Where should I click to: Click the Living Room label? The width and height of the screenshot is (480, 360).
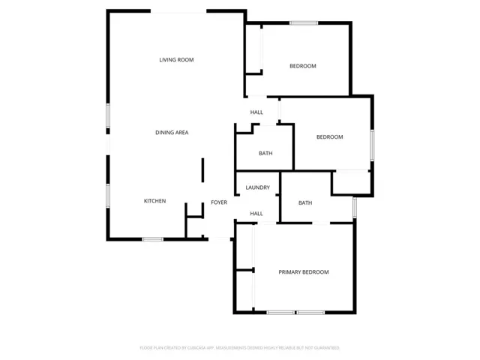(176, 59)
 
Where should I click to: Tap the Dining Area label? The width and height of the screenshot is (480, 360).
(172, 133)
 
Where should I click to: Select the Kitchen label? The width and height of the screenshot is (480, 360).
(154, 201)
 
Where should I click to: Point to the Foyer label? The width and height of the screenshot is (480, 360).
(218, 202)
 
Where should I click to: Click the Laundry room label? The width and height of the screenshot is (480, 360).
(257, 187)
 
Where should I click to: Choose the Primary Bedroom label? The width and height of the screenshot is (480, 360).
(304, 272)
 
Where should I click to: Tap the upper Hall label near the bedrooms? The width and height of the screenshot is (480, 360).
(256, 112)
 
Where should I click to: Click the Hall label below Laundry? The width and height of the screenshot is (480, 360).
(256, 214)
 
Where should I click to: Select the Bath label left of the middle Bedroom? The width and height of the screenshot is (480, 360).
(265, 154)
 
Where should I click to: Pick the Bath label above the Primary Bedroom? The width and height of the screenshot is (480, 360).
(305, 202)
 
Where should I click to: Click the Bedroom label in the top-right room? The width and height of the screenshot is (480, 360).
(303, 66)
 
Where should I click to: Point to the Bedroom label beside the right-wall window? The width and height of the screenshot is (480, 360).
(329, 137)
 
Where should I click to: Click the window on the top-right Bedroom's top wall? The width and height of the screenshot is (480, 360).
(304, 22)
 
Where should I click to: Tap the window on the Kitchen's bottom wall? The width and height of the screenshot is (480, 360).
(153, 239)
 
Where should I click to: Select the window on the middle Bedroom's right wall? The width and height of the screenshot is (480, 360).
(372, 145)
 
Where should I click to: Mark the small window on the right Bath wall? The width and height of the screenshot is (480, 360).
(354, 206)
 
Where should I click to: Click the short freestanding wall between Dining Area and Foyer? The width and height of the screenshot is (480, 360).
(202, 170)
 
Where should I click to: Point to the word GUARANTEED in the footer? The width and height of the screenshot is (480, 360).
(324, 348)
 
